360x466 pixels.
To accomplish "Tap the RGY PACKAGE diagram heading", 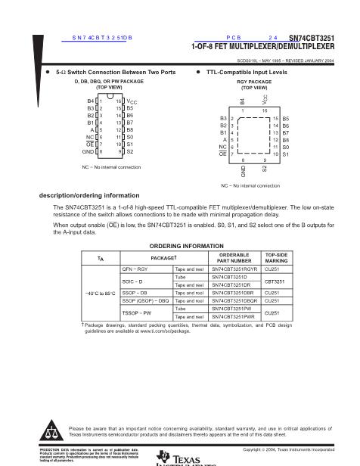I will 243,81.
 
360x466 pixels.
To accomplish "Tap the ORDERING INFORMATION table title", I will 179,247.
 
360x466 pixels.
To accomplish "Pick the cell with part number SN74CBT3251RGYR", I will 234,269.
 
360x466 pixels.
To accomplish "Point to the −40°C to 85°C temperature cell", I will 100,293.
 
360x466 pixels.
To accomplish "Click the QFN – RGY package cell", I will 136,269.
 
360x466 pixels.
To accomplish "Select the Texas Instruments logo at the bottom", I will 180,458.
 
